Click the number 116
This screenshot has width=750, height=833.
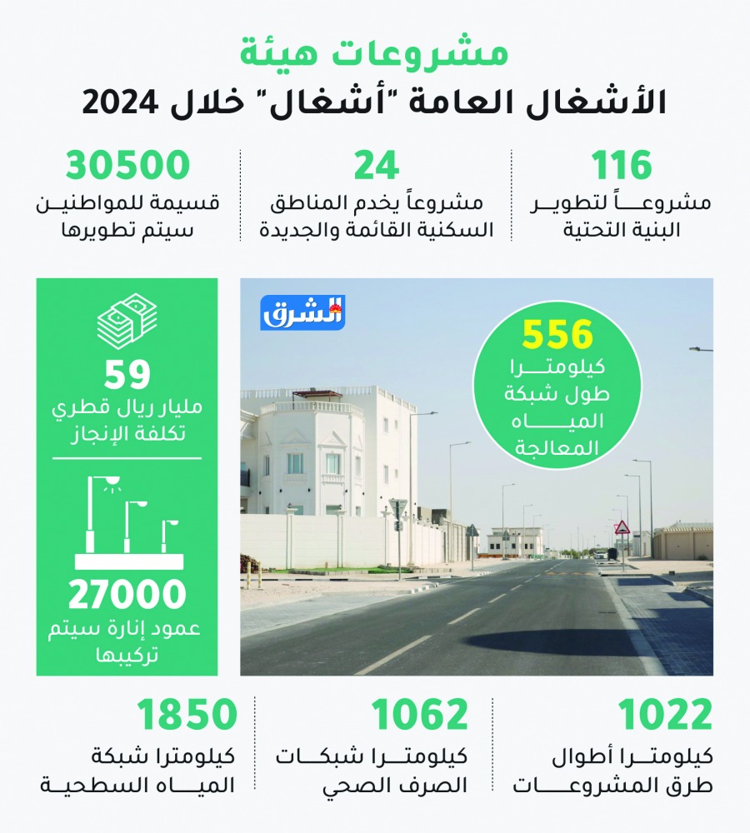[x=621, y=167]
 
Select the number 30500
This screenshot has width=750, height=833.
[x=128, y=167]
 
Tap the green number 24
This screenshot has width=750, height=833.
[x=377, y=167]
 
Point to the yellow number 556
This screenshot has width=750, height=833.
[x=557, y=335]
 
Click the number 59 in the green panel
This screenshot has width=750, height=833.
[x=127, y=376]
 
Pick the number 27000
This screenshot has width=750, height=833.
[x=127, y=595]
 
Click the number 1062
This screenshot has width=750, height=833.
[x=420, y=716]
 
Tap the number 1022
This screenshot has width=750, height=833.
[x=665, y=716]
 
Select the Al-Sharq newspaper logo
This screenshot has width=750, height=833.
[x=302, y=312]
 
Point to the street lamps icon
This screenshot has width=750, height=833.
[x=127, y=521]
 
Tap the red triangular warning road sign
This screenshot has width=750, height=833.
[x=622, y=527]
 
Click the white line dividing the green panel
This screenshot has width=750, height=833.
[x=127, y=457]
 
